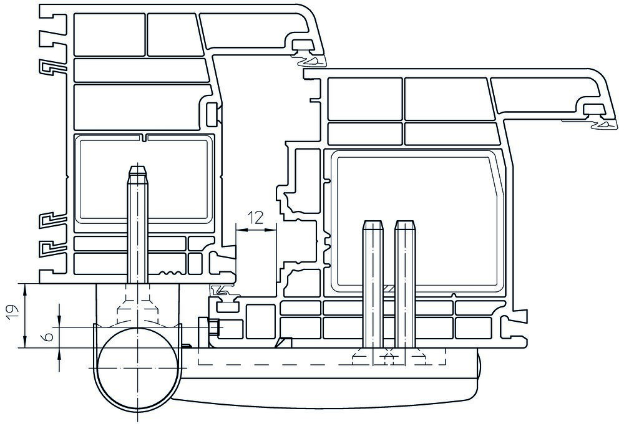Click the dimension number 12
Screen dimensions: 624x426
click(x=255, y=218)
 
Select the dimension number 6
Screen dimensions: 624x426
click(x=48, y=337)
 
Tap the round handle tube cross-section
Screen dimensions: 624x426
click(x=138, y=369)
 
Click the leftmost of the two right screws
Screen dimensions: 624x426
click(x=373, y=283)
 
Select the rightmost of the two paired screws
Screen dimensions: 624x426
click(x=405, y=283)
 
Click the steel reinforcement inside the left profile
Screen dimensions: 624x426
click(x=145, y=178)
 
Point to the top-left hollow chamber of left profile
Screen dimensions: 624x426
click(x=109, y=34)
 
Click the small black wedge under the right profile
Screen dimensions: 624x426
click(x=284, y=342)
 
